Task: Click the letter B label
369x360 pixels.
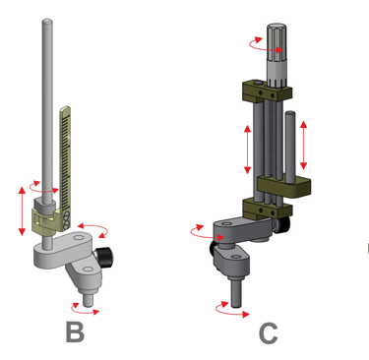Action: click(x=75, y=332)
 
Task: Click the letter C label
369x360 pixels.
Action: click(x=269, y=332)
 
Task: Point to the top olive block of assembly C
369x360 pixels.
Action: click(x=267, y=90)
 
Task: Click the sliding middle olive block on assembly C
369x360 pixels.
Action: click(x=284, y=187)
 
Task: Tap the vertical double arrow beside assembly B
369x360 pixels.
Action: click(x=22, y=210)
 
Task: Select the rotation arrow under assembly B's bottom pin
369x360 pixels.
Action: click(x=85, y=310)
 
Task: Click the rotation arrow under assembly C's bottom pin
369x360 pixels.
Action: click(x=231, y=311)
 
